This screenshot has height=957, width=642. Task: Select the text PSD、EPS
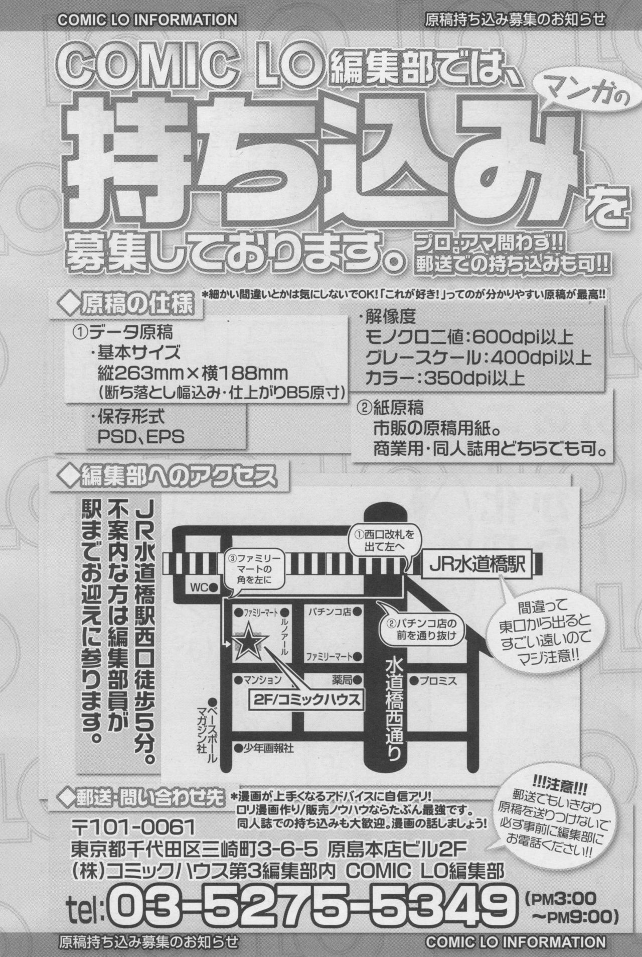[141, 436]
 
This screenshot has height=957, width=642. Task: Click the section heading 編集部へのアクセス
[168, 475]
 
